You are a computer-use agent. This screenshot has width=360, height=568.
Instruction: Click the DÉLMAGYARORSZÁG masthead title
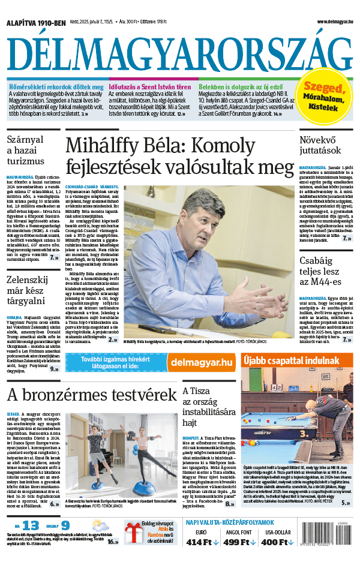(179, 55)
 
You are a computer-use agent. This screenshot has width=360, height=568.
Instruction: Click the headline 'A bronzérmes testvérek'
(92, 396)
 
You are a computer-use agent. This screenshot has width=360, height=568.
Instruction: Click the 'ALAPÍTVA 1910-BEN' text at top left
(36, 22)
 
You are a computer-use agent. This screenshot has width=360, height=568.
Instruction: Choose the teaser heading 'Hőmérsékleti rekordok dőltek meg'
(55, 88)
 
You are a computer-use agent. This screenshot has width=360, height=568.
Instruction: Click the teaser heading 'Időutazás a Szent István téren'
(158, 88)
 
